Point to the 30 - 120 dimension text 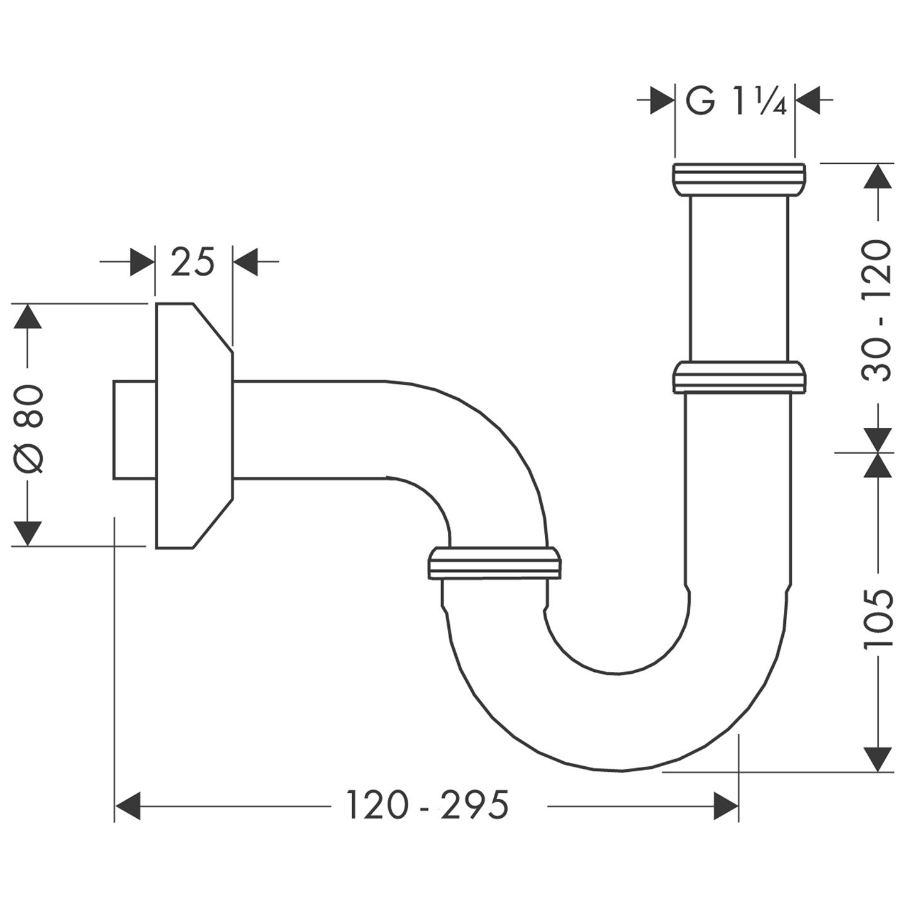[877, 310]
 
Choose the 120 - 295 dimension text [427, 805]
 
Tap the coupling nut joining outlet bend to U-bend [494, 563]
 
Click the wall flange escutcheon [192, 426]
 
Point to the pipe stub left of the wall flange [134, 430]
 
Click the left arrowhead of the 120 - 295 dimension [128, 806]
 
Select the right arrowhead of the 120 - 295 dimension [725, 806]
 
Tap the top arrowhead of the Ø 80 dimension [27, 316]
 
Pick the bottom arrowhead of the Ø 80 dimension [27, 534]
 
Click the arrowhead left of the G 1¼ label [662, 101]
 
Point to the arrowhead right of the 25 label [245, 262]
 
